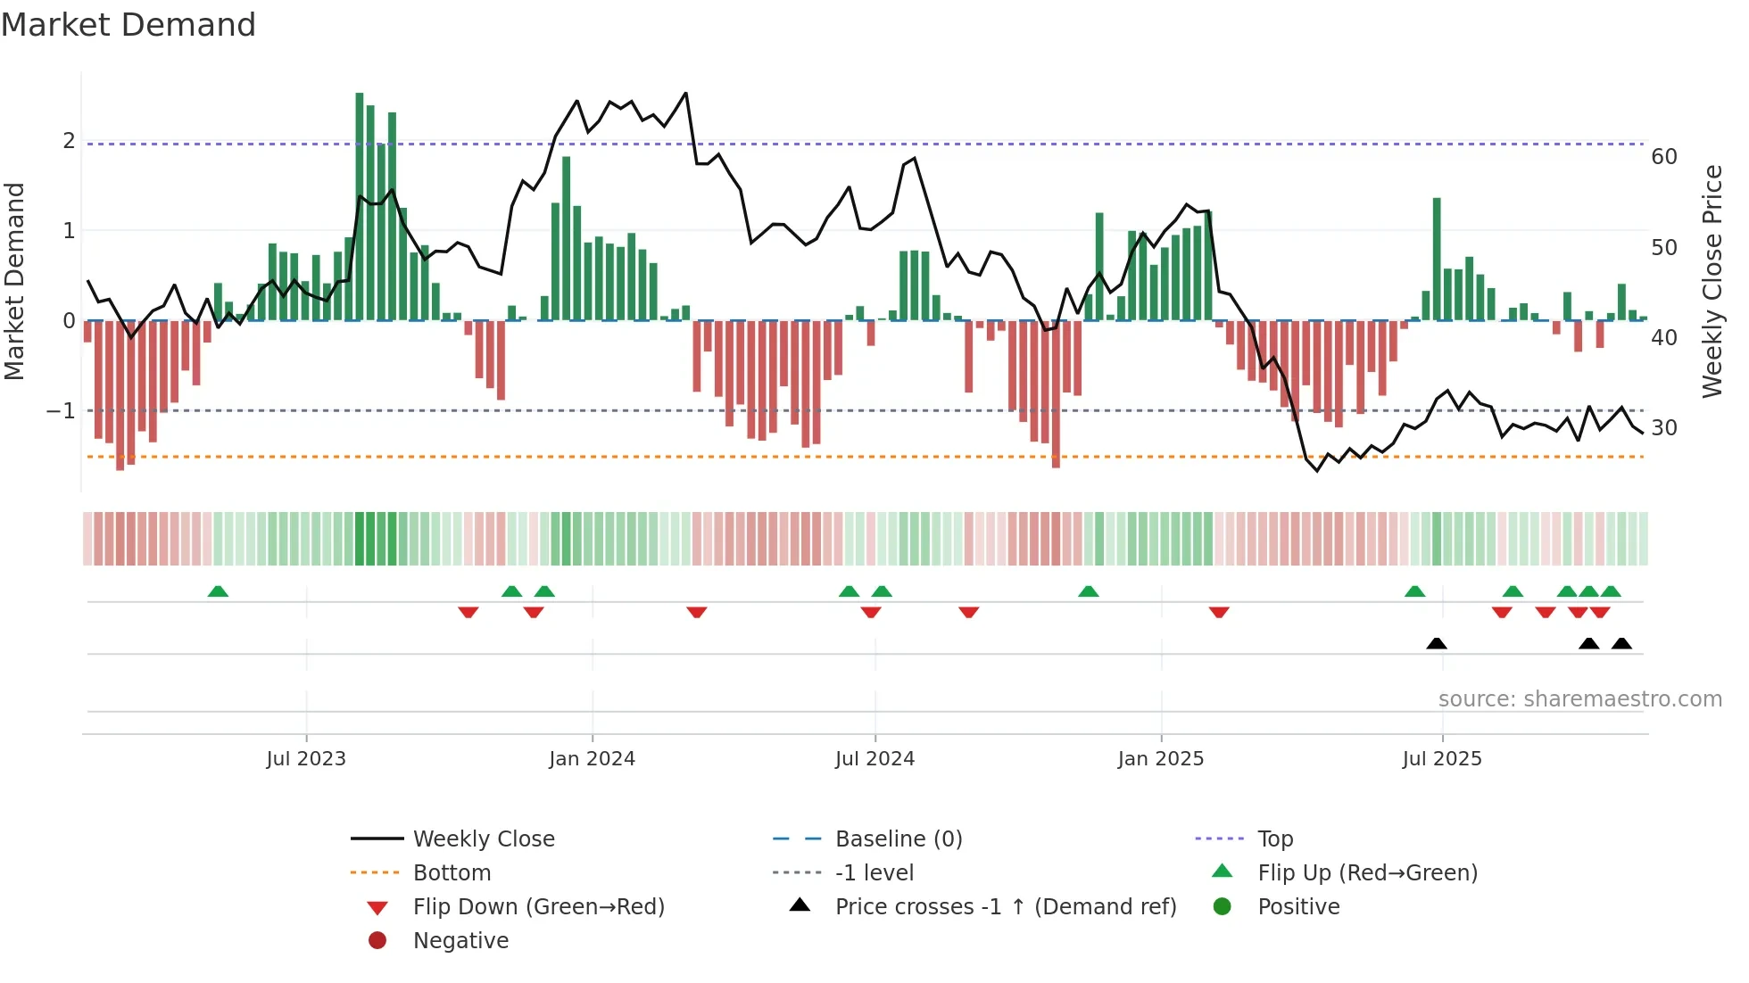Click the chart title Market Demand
[128, 25]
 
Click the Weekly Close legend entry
[483, 839]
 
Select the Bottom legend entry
[452, 873]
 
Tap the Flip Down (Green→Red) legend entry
[538, 907]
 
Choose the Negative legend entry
[460, 941]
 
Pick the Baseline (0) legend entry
[898, 839]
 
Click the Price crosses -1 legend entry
[1005, 907]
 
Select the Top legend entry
[1274, 839]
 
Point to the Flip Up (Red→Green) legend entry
[1367, 873]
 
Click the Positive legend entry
[1298, 907]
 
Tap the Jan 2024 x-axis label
[592, 759]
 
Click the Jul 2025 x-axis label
[1441, 759]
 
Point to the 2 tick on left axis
[69, 141]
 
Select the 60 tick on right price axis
[1663, 157]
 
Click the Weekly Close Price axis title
[1712, 281]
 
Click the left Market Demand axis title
[14, 281]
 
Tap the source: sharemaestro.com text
[1579, 699]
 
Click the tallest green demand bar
[360, 205]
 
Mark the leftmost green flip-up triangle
[218, 591]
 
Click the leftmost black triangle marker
[1436, 643]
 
